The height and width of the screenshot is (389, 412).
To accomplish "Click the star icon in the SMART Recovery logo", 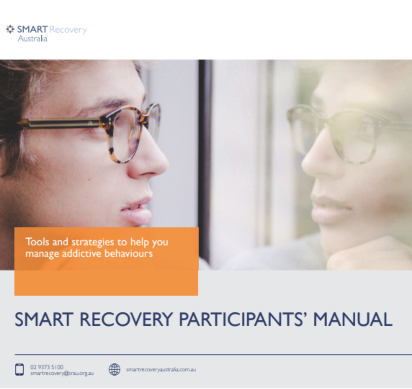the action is pos(10,29).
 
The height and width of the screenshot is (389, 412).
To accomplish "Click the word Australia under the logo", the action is pos(32,39).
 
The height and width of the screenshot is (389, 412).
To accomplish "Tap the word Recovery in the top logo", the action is pos(68,30).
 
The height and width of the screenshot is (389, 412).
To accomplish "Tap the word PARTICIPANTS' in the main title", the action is pos(241,319).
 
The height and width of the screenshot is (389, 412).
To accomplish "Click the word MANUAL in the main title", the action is pos(353,319).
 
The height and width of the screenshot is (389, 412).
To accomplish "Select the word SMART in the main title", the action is pos(44,319).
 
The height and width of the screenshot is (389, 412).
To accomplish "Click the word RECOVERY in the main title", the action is pos(126,319).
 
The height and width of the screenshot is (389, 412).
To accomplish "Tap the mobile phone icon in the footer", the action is pos(19,370).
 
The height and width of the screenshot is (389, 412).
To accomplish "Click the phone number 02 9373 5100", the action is pos(47,367).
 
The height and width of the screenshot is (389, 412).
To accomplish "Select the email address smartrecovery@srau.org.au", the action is pos(62,373).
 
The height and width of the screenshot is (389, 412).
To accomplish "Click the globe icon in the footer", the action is pos(115,370).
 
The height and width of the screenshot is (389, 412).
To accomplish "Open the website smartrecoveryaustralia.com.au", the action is pos(161,370).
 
